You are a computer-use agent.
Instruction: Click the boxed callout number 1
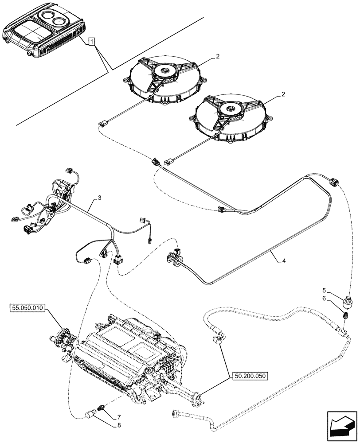(x=91, y=42)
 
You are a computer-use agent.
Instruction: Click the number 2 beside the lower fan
(x=283, y=94)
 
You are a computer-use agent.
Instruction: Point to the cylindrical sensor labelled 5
(x=347, y=302)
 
